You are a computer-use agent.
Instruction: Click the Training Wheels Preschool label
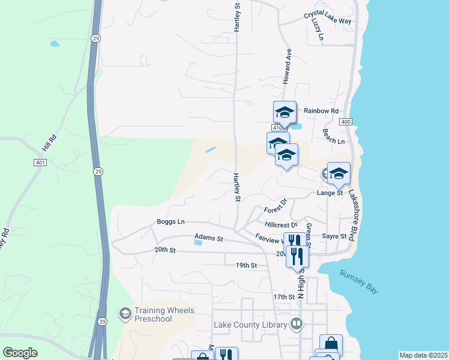click(x=158, y=314)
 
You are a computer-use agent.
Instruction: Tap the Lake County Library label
click(x=250, y=325)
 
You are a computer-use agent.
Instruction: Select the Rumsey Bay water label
click(x=359, y=281)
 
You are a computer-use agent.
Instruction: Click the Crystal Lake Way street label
click(x=327, y=17)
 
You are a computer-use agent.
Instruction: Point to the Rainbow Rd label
click(x=321, y=111)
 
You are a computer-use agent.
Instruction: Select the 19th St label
click(x=246, y=265)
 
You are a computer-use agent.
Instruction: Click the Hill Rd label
click(x=49, y=146)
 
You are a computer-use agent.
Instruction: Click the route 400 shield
click(x=345, y=122)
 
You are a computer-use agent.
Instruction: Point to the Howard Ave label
click(x=288, y=66)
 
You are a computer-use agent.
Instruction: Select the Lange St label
click(x=330, y=193)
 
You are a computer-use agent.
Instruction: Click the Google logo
click(x=20, y=353)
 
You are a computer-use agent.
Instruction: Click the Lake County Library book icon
click(x=296, y=325)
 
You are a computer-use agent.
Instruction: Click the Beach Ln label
click(x=333, y=140)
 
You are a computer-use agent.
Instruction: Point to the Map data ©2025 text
click(x=423, y=355)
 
